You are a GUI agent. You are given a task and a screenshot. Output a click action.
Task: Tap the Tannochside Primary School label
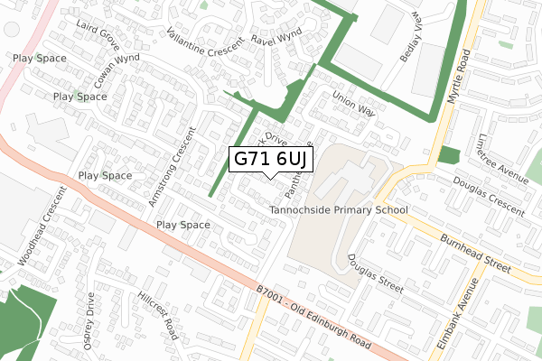(x=339, y=210)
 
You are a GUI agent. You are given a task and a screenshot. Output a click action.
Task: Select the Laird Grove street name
(x=98, y=34)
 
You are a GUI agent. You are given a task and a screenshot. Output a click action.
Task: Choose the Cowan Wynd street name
(x=119, y=69)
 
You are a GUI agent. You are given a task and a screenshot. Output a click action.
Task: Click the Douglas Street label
(x=374, y=273)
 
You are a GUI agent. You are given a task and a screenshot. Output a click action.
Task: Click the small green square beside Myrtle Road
(x=448, y=154)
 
